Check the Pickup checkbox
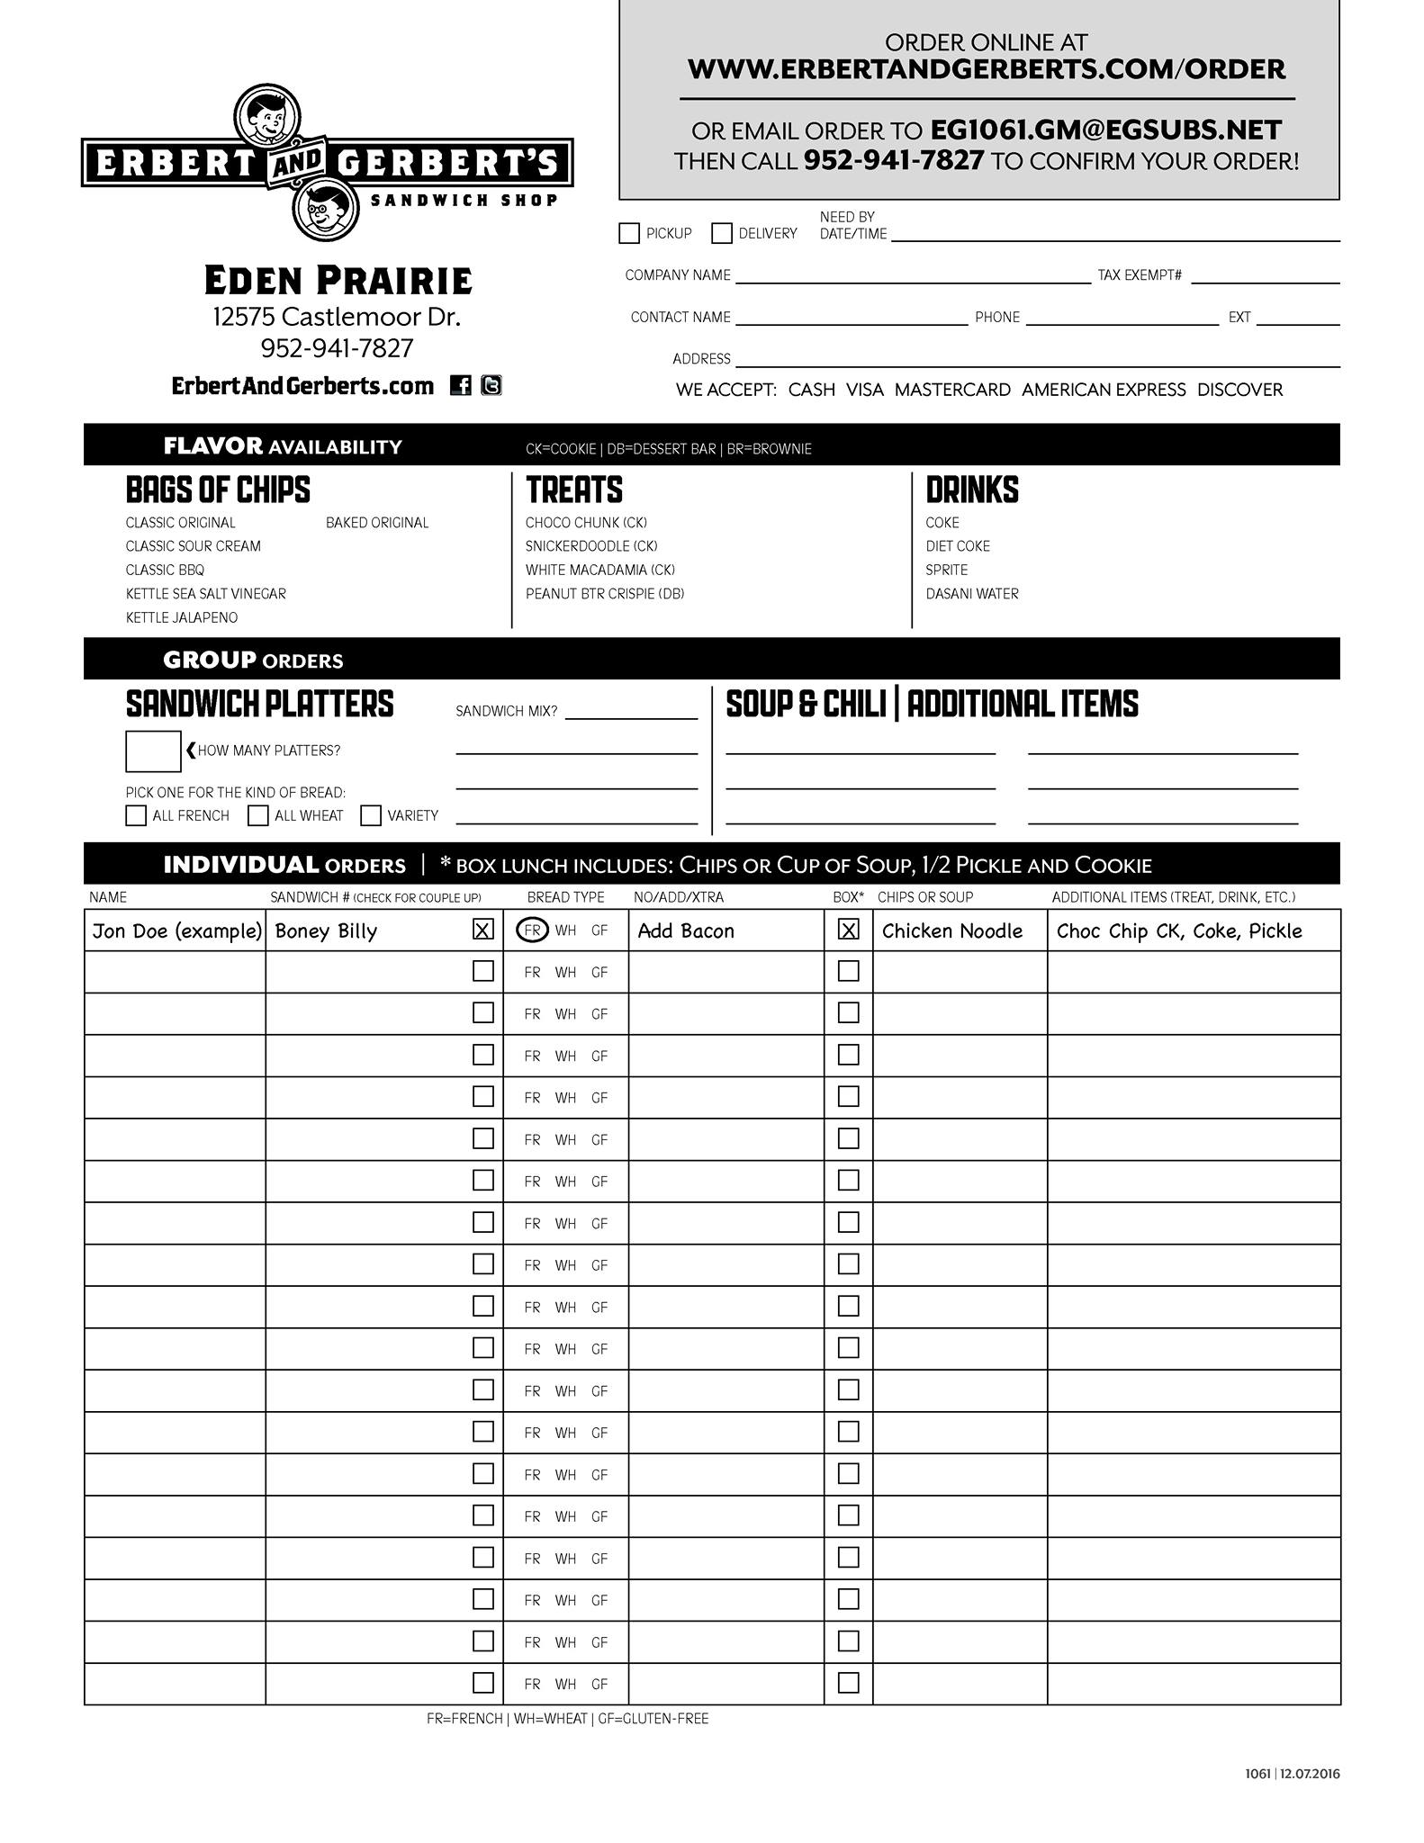(629, 233)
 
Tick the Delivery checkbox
(721, 233)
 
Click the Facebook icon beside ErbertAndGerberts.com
(460, 385)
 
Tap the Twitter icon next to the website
(491, 385)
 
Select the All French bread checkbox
(136, 815)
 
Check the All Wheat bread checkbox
(258, 815)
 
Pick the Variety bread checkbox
(371, 815)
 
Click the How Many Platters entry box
(153, 751)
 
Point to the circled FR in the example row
(532, 930)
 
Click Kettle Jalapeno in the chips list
(182, 617)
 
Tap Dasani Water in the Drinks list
(972, 594)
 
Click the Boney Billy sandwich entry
(326, 931)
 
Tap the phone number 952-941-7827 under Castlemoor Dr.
(337, 348)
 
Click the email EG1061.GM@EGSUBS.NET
(1106, 130)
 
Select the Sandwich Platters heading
(259, 705)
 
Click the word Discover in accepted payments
(1239, 390)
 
